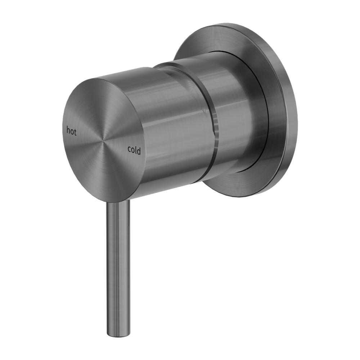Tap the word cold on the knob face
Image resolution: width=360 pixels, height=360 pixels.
click(134, 151)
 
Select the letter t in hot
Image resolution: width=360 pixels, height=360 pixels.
click(75, 132)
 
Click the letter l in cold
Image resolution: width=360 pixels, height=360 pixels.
click(136, 150)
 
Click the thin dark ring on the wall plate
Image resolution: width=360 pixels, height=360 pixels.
click(268, 119)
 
